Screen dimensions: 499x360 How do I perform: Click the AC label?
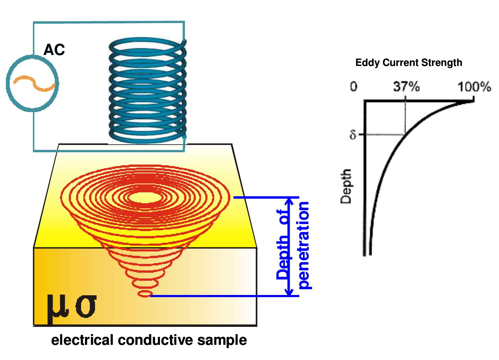click(54, 50)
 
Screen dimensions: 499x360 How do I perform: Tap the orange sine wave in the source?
click(34, 84)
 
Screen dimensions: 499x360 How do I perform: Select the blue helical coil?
click(148, 90)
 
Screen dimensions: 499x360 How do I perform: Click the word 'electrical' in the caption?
click(82, 340)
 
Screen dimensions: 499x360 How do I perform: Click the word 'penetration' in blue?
click(304, 245)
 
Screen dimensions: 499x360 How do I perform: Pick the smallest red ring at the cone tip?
click(145, 294)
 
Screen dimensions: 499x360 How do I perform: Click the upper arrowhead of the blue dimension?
click(289, 202)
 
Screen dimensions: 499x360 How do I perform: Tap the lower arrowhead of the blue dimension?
click(289, 292)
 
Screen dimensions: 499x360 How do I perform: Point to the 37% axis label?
click(406, 87)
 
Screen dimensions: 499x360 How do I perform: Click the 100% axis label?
click(474, 87)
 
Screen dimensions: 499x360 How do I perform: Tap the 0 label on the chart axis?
click(354, 87)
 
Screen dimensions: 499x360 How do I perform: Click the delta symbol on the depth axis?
click(353, 134)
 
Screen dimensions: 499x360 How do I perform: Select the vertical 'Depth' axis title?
click(346, 186)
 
